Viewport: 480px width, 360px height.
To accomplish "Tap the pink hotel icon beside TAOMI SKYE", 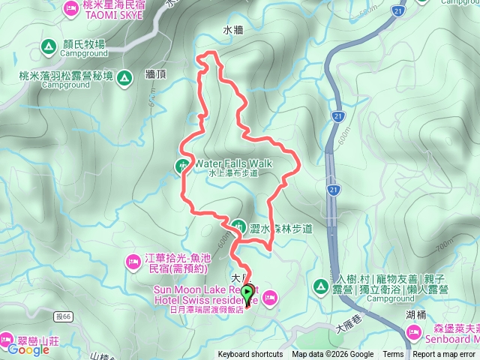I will [x=71, y=8].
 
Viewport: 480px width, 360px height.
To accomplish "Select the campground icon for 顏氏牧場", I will [x=48, y=47].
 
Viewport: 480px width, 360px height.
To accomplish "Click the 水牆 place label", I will [x=233, y=31].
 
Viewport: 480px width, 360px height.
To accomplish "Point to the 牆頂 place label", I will [x=156, y=75].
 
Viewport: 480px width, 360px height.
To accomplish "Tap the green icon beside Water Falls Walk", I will [x=183, y=164].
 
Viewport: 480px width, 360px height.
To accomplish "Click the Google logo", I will [x=28, y=350].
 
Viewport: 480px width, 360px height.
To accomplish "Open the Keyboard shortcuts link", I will [x=250, y=355].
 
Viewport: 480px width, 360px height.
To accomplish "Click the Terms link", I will [x=393, y=355].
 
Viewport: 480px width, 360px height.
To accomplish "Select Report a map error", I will [x=444, y=355].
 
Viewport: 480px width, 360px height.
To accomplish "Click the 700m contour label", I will [x=444, y=245].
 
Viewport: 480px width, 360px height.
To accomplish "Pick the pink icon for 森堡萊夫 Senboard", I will [x=414, y=331].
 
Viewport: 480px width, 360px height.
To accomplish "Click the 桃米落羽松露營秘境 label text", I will [x=67, y=76].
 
